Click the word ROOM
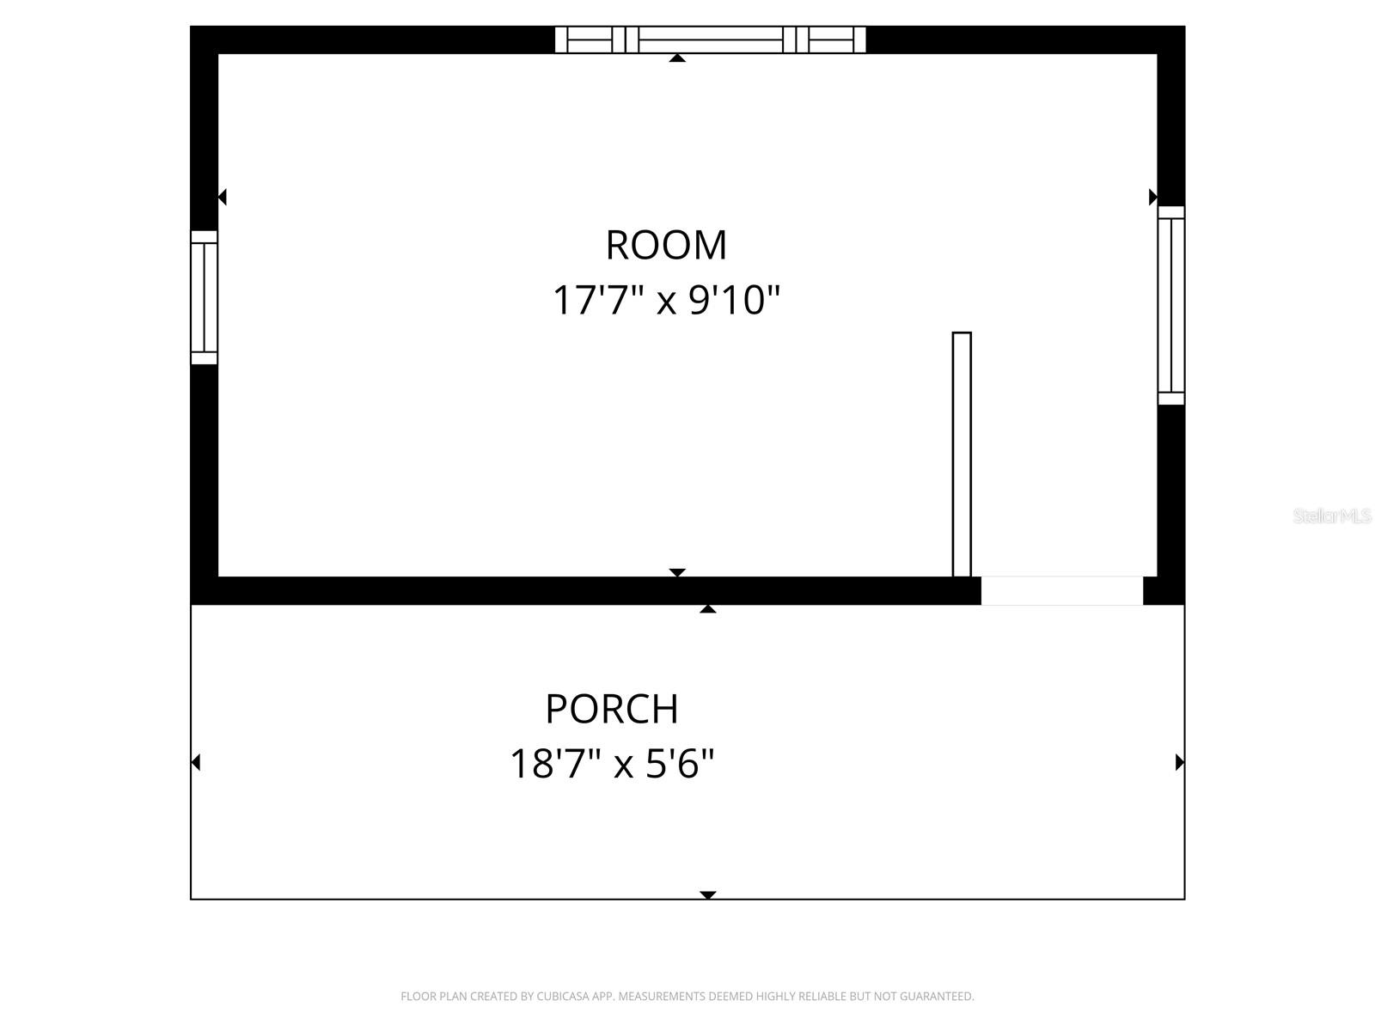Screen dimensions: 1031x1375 [666, 246]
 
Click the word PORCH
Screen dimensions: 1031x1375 [612, 710]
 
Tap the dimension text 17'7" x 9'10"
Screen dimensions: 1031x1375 [666, 302]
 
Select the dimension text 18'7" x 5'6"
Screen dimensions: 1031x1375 [612, 764]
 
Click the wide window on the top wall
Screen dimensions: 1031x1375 [710, 40]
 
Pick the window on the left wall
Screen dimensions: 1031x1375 [204, 297]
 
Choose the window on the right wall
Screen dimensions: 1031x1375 [1170, 305]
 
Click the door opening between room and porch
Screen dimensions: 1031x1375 [1061, 591]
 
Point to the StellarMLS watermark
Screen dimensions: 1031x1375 [1332, 516]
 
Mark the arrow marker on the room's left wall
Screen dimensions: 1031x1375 [222, 198]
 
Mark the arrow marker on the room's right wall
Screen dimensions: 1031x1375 [1153, 198]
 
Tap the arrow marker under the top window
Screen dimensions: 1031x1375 [677, 58]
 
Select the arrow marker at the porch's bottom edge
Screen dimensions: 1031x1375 [707, 895]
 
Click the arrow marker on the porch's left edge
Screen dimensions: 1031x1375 [196, 762]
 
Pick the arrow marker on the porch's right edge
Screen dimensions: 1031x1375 [1179, 762]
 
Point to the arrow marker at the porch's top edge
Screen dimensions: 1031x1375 [707, 609]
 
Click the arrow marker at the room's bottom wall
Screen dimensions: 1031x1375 [677, 572]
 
